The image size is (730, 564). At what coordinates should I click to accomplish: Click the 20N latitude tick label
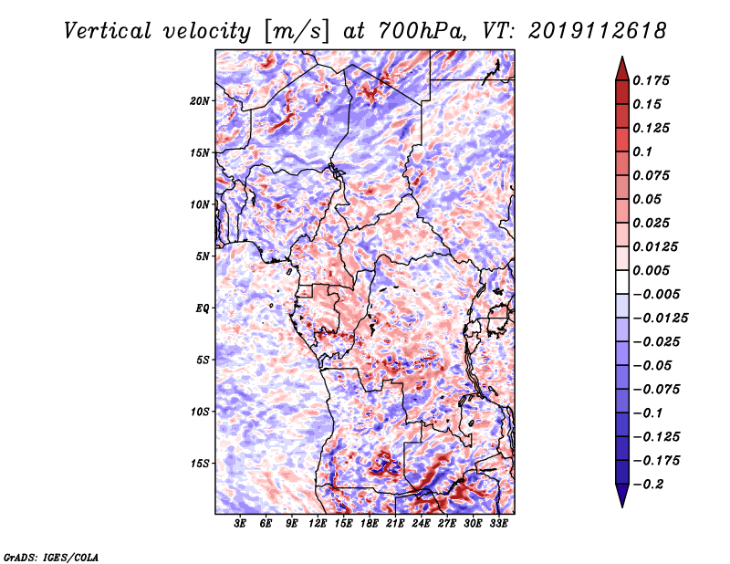[x=199, y=101]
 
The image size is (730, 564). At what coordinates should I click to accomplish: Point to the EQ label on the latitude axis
[x=203, y=308]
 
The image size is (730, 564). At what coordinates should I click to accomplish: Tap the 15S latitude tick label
[x=200, y=464]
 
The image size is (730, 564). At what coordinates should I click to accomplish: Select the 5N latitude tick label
[x=203, y=256]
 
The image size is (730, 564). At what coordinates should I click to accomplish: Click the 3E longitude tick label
[x=240, y=524]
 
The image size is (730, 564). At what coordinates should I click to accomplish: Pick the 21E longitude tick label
[x=395, y=524]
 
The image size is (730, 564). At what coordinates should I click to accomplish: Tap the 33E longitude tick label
[x=498, y=524]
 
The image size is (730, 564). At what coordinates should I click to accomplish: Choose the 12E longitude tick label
[x=317, y=524]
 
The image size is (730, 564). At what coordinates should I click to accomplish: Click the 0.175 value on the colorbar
[x=651, y=80]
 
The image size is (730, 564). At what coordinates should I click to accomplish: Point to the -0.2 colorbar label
[x=648, y=485]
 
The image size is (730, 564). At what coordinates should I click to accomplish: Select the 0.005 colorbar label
[x=651, y=270]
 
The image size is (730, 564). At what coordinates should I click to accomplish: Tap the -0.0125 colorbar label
[x=660, y=319]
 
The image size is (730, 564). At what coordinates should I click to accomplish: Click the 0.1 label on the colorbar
[x=642, y=151]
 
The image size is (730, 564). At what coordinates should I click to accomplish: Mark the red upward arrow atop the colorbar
[x=622, y=68]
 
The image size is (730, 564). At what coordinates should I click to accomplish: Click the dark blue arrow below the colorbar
[x=622, y=496]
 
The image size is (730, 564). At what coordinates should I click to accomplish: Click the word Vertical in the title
[x=108, y=31]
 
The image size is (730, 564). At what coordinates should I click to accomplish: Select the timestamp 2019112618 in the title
[x=598, y=31]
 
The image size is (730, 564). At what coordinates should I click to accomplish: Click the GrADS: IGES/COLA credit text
[x=51, y=557]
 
